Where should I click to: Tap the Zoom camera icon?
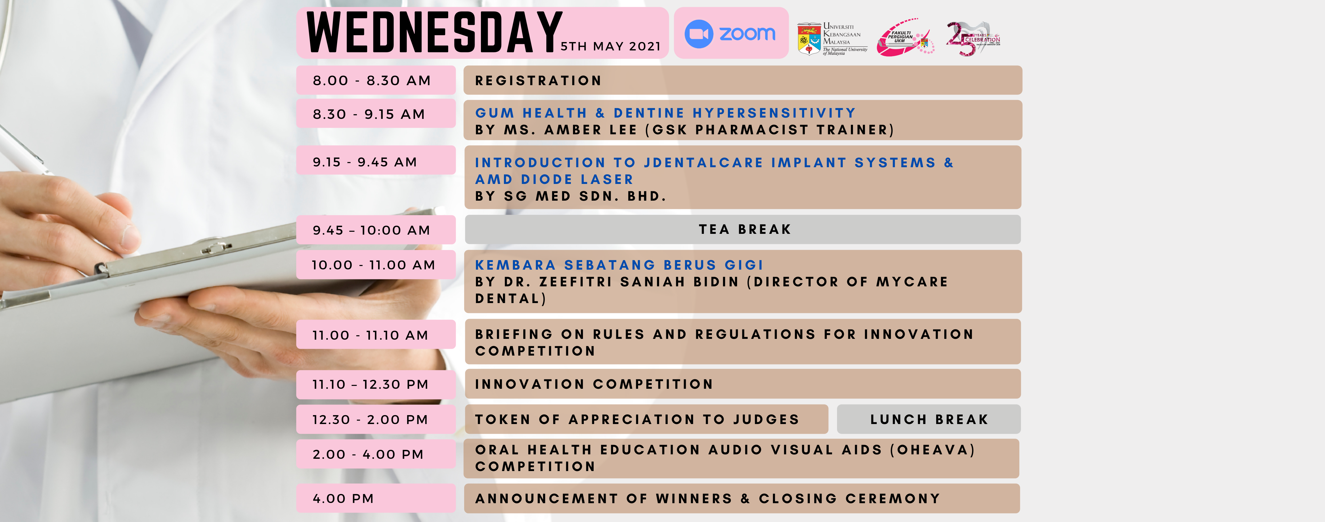coord(699,34)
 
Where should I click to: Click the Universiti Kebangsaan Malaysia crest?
coord(809,38)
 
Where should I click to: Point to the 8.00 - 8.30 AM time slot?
coord(372,81)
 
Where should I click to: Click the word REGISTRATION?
coord(538,81)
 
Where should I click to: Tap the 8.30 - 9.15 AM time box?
coord(369,114)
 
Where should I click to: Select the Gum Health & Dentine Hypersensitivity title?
coord(665,113)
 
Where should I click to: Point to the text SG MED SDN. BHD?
coord(585,196)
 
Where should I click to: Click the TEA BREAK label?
coord(744,230)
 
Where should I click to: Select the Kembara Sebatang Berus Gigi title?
coord(619,265)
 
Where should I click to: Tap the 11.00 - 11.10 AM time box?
coord(370,335)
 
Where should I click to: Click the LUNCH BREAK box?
coord(929,419)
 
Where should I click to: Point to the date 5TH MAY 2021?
coord(610,46)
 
